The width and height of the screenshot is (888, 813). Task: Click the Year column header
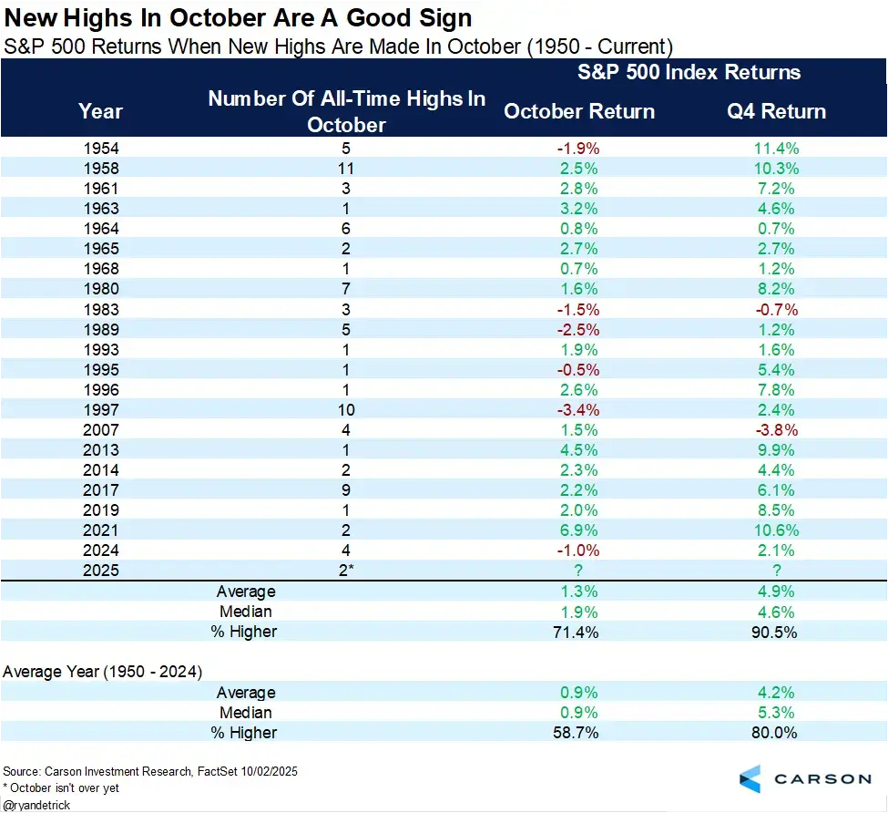[x=100, y=111]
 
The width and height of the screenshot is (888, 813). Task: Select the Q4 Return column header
[x=776, y=111]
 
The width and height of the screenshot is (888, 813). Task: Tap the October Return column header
[x=579, y=111]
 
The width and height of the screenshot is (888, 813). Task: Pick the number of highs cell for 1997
[x=347, y=409]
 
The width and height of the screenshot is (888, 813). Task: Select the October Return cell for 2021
[x=579, y=530]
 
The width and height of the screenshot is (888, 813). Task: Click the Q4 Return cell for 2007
[x=776, y=429]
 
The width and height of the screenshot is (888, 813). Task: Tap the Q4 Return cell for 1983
[x=776, y=309]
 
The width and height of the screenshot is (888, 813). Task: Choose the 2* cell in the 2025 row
[x=347, y=570]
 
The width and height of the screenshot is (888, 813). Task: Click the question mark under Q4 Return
[x=776, y=570]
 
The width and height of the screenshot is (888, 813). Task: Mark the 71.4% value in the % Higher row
[x=579, y=632]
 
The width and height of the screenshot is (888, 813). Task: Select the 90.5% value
[x=776, y=632]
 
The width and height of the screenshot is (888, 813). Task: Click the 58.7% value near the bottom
[x=579, y=732]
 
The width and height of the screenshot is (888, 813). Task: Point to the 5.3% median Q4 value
[x=776, y=712]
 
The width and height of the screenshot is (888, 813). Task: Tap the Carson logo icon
[x=750, y=778]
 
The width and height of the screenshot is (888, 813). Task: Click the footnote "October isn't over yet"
[x=61, y=787]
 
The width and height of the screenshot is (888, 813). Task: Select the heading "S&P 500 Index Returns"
[x=689, y=73]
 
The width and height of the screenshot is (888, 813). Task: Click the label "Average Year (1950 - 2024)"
[x=103, y=672]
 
